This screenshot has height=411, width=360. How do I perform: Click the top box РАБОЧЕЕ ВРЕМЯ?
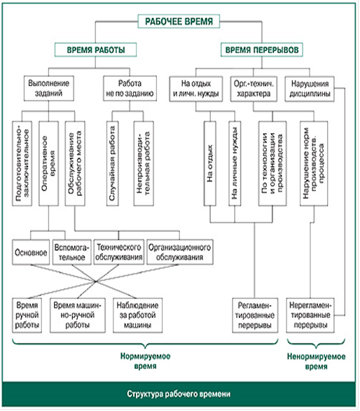pos(179,21)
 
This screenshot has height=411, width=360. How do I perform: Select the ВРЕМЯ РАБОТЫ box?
pos(95,50)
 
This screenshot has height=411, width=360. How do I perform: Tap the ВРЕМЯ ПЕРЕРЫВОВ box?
pos(262,50)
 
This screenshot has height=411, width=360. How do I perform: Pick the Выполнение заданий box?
pos(49,88)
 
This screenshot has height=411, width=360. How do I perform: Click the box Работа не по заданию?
pos(130,88)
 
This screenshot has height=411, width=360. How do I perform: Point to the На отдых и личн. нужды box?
pos(196,89)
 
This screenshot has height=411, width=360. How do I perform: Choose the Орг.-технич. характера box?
pos(254,89)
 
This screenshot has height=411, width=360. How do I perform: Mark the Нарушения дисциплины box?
pos(310,89)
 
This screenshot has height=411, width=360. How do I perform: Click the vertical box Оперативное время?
pos(48,163)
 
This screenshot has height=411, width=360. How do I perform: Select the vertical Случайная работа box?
pos(113,163)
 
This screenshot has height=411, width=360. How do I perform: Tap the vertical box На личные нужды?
pos(235,163)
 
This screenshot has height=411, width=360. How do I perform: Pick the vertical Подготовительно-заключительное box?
pos(22,163)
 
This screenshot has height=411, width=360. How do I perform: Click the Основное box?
pos(31,252)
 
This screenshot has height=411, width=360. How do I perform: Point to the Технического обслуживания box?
pos(119,252)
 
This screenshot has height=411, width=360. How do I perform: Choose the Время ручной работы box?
pos(27,315)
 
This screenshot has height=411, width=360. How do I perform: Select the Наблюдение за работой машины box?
pos(138,315)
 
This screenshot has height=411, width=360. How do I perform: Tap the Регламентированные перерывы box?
pos(255,315)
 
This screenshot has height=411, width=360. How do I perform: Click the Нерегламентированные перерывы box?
pos(310,315)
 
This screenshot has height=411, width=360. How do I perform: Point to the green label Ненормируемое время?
pos(316,361)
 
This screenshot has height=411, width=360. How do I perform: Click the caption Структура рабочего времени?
pos(179,394)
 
